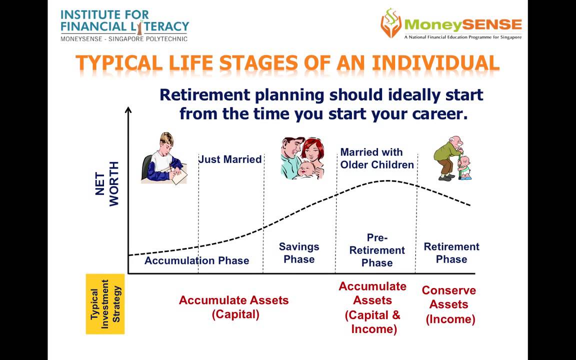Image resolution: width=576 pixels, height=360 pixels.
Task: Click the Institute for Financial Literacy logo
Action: click(x=124, y=25)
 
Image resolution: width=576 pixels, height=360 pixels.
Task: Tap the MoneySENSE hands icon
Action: click(x=391, y=23)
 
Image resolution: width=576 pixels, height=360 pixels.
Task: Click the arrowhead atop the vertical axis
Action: click(x=128, y=110)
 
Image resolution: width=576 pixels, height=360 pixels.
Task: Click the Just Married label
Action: click(x=230, y=159)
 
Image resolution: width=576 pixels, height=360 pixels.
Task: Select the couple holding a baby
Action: click(x=302, y=158)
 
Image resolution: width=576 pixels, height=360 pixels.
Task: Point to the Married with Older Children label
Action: click(x=377, y=158)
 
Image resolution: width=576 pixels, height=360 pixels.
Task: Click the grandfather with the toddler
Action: click(x=452, y=158)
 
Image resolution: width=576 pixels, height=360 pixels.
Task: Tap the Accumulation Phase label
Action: click(x=197, y=260)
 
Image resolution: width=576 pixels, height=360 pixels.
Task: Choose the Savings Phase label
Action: click(x=299, y=252)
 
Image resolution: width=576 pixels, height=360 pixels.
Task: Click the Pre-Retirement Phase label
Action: click(x=377, y=250)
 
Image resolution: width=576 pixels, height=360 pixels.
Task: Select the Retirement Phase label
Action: click(x=451, y=252)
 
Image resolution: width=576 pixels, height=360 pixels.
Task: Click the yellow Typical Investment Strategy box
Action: click(x=105, y=304)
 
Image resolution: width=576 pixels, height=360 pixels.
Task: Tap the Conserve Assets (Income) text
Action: click(x=449, y=304)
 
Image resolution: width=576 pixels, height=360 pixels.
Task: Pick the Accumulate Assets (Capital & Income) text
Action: click(x=372, y=307)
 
